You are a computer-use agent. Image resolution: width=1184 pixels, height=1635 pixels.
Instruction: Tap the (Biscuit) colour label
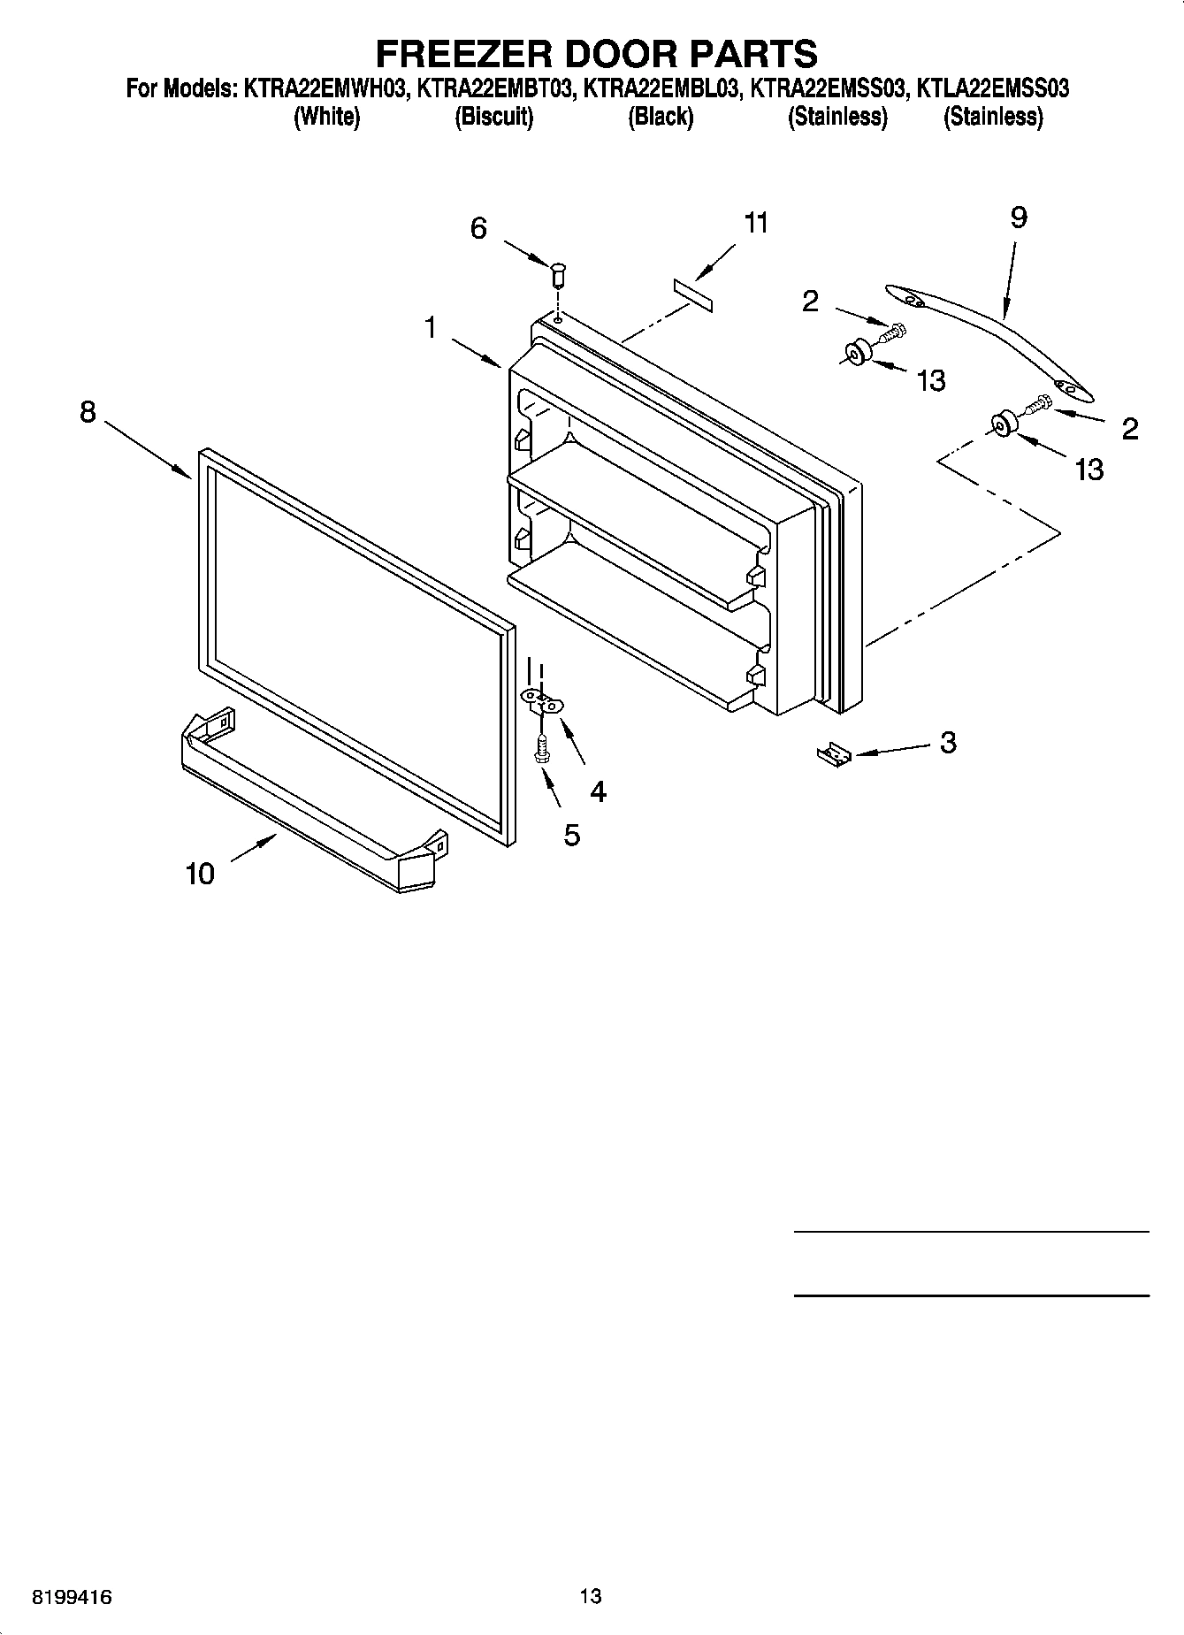[493, 117]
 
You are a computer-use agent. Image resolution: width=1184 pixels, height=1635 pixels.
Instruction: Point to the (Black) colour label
[660, 117]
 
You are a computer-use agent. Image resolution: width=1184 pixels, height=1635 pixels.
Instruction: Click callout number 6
[478, 228]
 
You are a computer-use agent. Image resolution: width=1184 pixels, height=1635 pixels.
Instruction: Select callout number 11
[756, 223]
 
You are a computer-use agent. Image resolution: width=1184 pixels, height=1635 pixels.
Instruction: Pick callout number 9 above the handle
[1018, 218]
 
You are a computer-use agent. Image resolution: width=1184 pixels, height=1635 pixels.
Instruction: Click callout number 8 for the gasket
[88, 411]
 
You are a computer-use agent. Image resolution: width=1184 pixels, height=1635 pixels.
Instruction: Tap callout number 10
[200, 874]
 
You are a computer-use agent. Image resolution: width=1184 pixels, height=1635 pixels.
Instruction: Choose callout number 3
[947, 742]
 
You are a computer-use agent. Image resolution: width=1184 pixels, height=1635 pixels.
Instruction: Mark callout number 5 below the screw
[572, 834]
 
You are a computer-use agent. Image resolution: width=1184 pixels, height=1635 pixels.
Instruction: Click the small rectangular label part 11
[694, 293]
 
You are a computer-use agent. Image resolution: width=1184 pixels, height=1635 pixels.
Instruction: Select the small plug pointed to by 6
[558, 274]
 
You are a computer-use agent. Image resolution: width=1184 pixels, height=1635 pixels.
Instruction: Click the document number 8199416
[72, 1596]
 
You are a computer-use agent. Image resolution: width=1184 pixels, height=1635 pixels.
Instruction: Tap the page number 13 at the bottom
[591, 1595]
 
